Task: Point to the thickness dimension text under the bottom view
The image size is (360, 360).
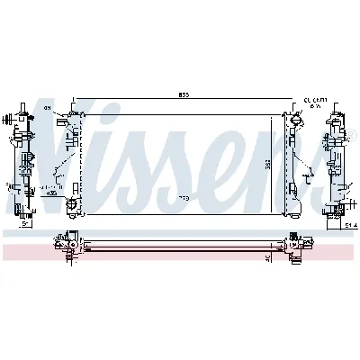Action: pyautogui.click(x=267, y=255)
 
